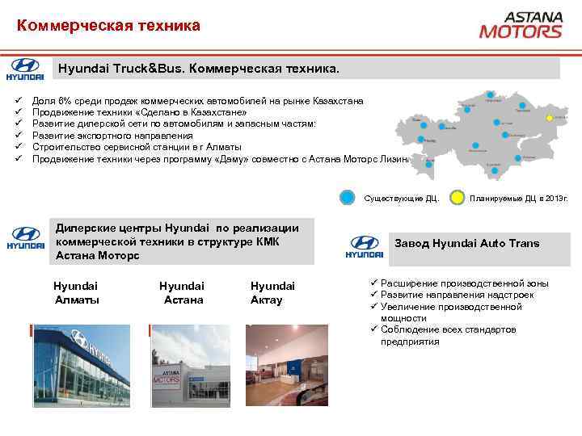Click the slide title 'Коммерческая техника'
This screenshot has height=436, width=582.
pyautogui.click(x=108, y=27)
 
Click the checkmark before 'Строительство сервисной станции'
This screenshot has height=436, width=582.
pyautogui.click(x=17, y=147)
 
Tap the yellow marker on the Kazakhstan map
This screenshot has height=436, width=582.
pyautogui.click(x=554, y=118)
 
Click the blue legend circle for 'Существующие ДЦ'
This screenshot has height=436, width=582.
pyautogui.click(x=346, y=198)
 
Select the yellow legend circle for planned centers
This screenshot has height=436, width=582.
pyautogui.click(x=457, y=198)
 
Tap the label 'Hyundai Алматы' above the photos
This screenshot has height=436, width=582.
pyautogui.click(x=76, y=293)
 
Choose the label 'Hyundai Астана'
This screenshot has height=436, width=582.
pyautogui.click(x=182, y=293)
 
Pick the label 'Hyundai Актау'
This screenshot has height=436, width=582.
pyautogui.click(x=272, y=293)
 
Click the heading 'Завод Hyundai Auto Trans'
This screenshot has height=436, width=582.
pyautogui.click(x=466, y=243)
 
